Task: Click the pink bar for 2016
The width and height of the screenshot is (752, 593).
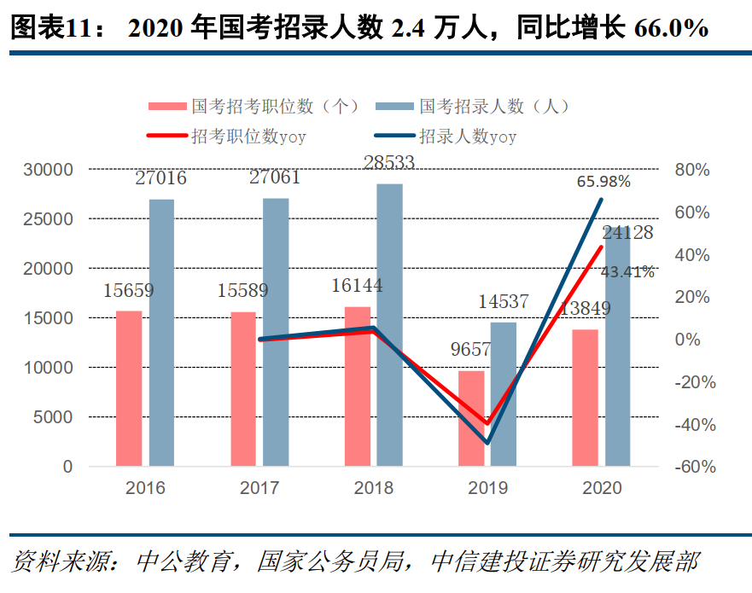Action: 129,388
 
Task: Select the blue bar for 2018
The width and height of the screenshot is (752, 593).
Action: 389,325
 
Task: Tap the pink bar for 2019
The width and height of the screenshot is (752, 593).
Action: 471,418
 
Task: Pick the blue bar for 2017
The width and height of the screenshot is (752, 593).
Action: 275,332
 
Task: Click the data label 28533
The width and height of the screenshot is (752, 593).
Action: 389,163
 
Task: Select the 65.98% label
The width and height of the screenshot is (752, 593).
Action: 603,182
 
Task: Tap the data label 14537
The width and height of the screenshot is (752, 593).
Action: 503,301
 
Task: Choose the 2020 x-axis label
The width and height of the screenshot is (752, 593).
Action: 602,489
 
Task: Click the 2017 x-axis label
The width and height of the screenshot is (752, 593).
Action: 259,489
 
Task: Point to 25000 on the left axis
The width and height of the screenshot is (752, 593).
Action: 48,219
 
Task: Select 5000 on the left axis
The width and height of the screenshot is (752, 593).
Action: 53,417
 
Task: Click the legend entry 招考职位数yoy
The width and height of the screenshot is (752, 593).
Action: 248,136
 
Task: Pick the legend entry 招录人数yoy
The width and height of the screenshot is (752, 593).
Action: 467,136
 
